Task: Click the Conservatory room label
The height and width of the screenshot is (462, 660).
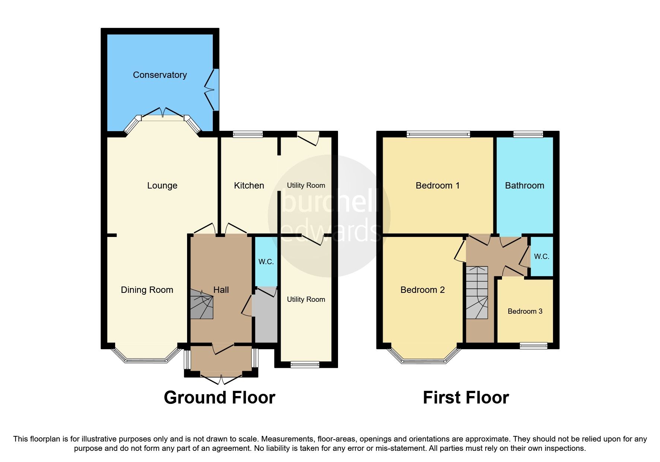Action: [160, 75]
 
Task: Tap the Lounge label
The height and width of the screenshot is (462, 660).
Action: [162, 186]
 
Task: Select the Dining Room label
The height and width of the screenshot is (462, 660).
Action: [147, 290]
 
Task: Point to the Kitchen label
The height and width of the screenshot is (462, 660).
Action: [249, 186]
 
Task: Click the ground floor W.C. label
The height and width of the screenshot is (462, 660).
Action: [266, 262]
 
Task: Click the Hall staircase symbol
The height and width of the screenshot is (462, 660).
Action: [202, 304]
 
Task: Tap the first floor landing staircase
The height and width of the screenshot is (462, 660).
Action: [477, 292]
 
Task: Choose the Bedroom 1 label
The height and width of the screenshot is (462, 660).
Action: [438, 186]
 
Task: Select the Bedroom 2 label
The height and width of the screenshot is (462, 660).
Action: [423, 290]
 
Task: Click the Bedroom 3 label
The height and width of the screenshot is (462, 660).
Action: [525, 311]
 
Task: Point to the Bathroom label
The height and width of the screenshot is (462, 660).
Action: [524, 186]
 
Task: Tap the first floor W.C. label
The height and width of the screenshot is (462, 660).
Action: [541, 256]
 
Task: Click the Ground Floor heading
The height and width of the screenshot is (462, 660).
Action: [220, 398]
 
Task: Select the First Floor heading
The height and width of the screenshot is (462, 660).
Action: [465, 398]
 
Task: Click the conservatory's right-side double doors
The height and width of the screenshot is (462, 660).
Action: [212, 89]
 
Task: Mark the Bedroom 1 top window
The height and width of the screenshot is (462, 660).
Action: [438, 134]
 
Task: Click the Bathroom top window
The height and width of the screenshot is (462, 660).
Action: [528, 134]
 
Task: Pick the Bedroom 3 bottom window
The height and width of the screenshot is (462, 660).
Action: [534, 346]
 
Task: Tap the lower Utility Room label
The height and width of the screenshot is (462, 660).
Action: [306, 300]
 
